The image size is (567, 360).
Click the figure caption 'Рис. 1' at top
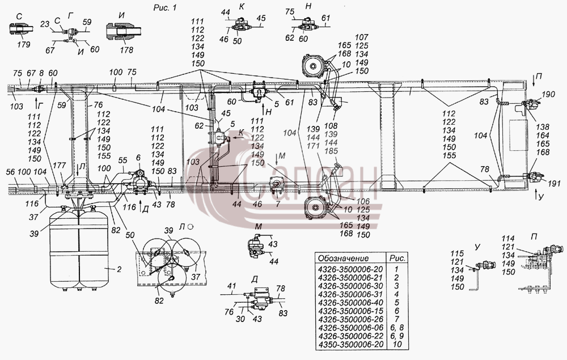point(165,7)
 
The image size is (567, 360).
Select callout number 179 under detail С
point(24,44)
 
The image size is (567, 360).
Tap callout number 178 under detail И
point(126,50)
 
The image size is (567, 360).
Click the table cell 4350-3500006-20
point(350,345)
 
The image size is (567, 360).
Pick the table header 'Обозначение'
point(343,258)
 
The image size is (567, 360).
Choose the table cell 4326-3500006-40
point(350,303)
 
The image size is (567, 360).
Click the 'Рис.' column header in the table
point(397,258)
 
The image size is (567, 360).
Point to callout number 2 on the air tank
point(119,269)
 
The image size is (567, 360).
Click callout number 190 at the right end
point(548,94)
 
